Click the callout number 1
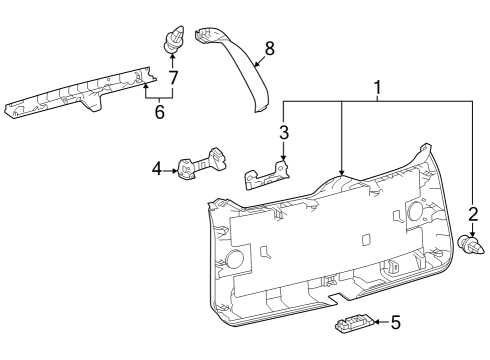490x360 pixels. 377,89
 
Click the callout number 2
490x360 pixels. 473,213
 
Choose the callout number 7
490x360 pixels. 173,77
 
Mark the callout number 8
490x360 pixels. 268,46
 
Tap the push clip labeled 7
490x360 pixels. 170,43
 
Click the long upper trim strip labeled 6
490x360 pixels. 80,98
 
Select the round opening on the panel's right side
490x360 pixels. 414,213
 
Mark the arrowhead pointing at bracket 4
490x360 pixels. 176,170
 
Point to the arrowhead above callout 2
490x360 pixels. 473,232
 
